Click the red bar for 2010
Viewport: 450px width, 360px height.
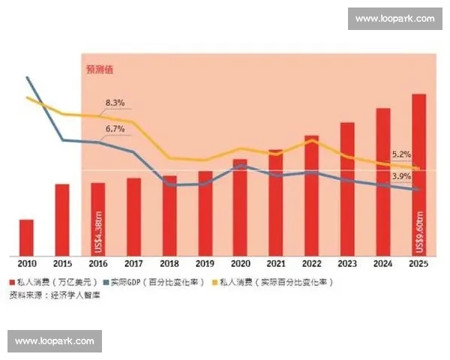pyautogui.click(x=26, y=236)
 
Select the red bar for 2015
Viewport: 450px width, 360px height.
pyautogui.click(x=62, y=219)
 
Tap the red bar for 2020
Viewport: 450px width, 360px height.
pyautogui.click(x=240, y=206)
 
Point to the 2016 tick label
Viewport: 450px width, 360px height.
pyautogui.click(x=97, y=264)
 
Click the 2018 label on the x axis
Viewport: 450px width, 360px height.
pyautogui.click(x=169, y=264)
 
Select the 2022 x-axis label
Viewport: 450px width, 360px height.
pyautogui.click(x=311, y=264)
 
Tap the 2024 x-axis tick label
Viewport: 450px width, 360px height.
pyautogui.click(x=383, y=264)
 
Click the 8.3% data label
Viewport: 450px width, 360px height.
pyautogui.click(x=115, y=102)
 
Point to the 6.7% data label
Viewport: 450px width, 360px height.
pyautogui.click(x=115, y=129)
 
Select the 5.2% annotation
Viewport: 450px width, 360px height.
pyautogui.click(x=401, y=154)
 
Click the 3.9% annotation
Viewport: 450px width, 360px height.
pyautogui.click(x=401, y=176)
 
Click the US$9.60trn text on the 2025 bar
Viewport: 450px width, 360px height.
pyautogui.click(x=419, y=229)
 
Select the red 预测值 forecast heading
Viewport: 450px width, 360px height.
pyautogui.click(x=99, y=70)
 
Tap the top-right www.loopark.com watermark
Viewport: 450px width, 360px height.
pyautogui.click(x=394, y=19)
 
